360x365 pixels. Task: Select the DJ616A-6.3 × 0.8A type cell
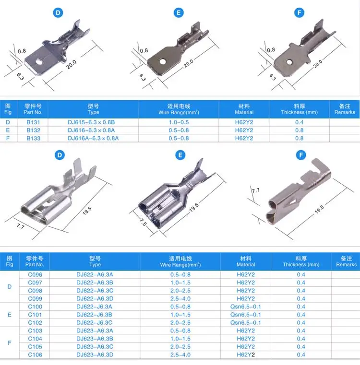(93, 138)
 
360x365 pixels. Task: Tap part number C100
(35, 306)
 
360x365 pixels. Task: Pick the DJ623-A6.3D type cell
(95, 354)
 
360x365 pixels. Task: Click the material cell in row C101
(246, 315)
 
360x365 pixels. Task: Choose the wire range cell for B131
(179, 122)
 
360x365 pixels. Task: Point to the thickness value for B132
(300, 130)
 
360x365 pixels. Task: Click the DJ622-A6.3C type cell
(95, 291)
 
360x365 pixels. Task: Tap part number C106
(35, 354)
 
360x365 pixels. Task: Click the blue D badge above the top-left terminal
(59, 13)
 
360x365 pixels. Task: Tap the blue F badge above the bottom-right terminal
(301, 155)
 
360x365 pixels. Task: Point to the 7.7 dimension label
(255, 190)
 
